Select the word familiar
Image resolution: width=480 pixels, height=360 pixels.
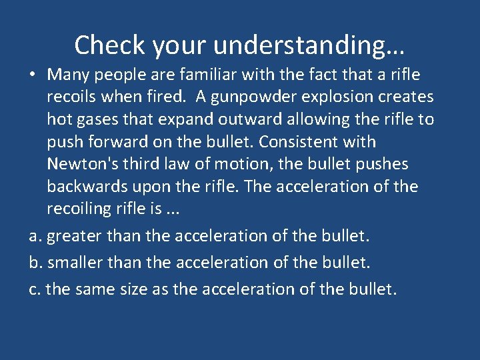(183, 75)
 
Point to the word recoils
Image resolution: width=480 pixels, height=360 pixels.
(74, 97)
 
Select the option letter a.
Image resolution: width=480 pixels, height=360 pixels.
(34, 236)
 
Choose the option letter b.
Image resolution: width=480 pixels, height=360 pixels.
(34, 263)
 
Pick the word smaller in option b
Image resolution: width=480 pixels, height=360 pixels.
(73, 263)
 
